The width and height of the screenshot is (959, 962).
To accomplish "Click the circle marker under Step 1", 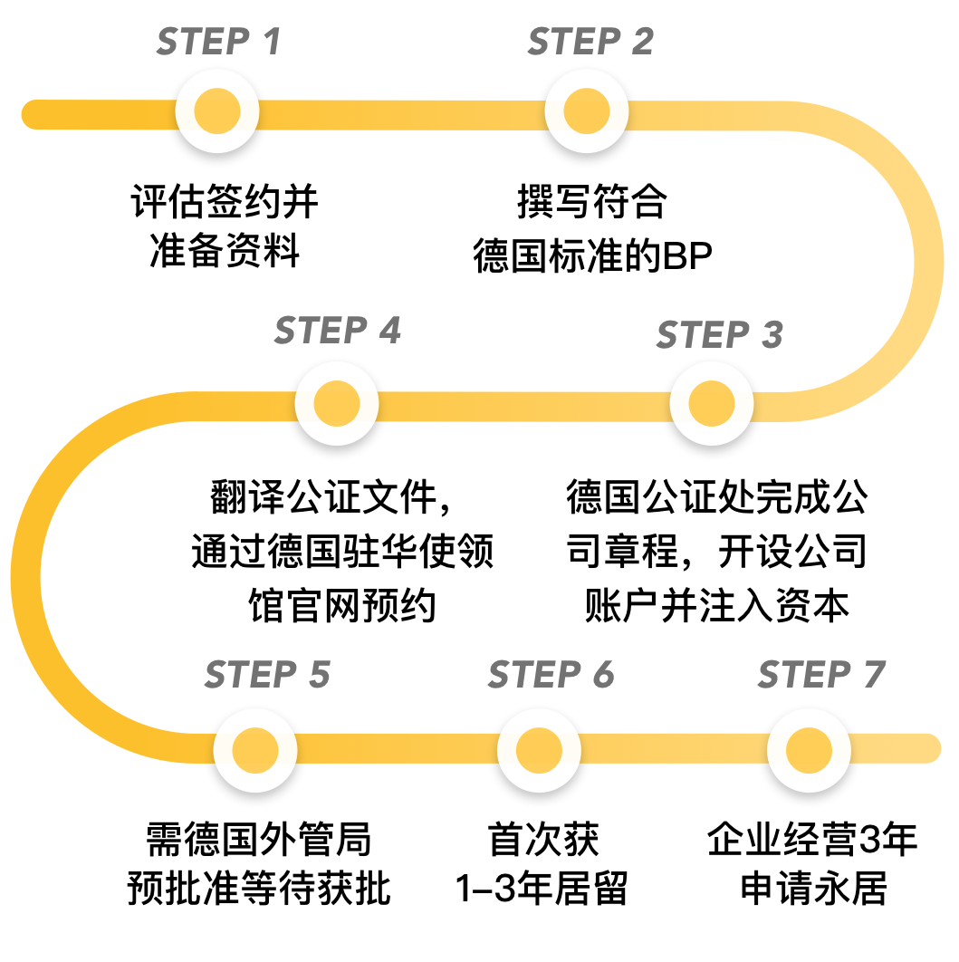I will click(217, 111).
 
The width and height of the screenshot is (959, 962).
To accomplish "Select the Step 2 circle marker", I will click(587, 111).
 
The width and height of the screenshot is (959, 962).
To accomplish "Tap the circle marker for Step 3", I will click(712, 403).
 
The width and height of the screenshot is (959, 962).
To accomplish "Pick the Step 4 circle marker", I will click(337, 403).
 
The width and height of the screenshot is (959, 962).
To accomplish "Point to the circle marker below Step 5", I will click(255, 750).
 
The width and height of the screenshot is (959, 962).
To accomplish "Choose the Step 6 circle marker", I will click(539, 750).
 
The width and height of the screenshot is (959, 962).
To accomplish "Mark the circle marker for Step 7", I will click(809, 750).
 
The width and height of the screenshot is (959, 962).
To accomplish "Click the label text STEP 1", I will click(218, 42).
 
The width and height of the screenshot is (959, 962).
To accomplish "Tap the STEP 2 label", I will click(590, 42).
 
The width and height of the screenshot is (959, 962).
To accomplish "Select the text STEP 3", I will click(719, 335).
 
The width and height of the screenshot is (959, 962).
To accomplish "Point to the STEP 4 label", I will click(337, 331).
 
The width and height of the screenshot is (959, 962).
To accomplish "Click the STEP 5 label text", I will click(267, 675).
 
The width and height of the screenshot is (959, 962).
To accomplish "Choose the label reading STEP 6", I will click(551, 675).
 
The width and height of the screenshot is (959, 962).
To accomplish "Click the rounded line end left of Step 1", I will click(34, 114).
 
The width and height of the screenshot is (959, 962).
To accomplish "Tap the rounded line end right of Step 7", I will click(927, 748).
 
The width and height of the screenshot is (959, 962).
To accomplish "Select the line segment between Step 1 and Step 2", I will click(402, 114).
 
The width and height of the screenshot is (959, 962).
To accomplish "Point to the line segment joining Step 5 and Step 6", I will click(397, 748).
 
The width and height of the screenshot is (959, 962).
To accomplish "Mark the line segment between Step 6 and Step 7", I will click(674, 748).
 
